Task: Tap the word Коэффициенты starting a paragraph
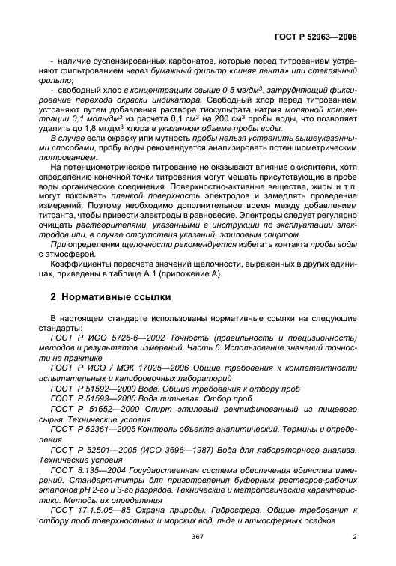click(80, 264)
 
